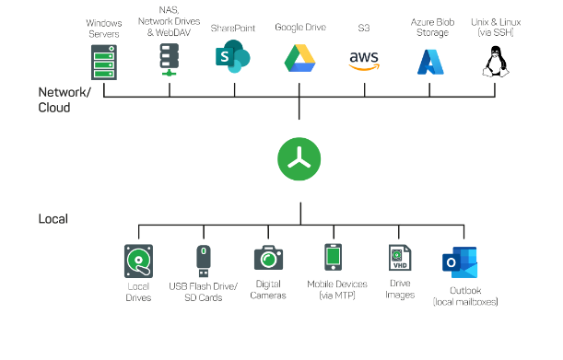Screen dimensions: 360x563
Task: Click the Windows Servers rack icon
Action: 105,61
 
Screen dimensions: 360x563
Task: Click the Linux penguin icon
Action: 497,62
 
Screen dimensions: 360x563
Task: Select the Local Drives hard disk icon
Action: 138,261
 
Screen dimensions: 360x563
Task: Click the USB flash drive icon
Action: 204,260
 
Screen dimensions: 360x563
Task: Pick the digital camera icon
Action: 268,259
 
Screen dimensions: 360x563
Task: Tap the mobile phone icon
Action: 334,258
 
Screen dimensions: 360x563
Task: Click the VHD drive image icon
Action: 400,258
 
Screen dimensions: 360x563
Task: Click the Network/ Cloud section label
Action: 66,99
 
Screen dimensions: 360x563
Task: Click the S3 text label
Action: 365,29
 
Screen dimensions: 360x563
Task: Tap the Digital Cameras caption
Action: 268,291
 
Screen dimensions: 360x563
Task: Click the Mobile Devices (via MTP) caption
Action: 337,291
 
